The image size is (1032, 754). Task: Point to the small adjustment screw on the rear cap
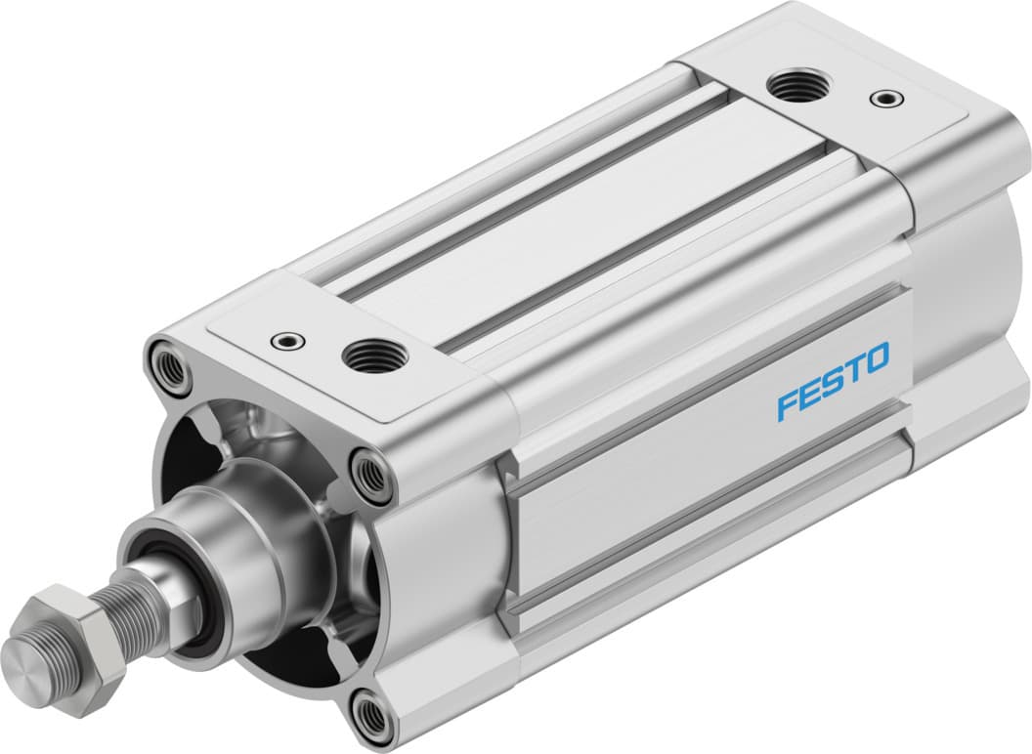click(885, 98)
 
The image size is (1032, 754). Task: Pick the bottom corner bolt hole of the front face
click(373, 720)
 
